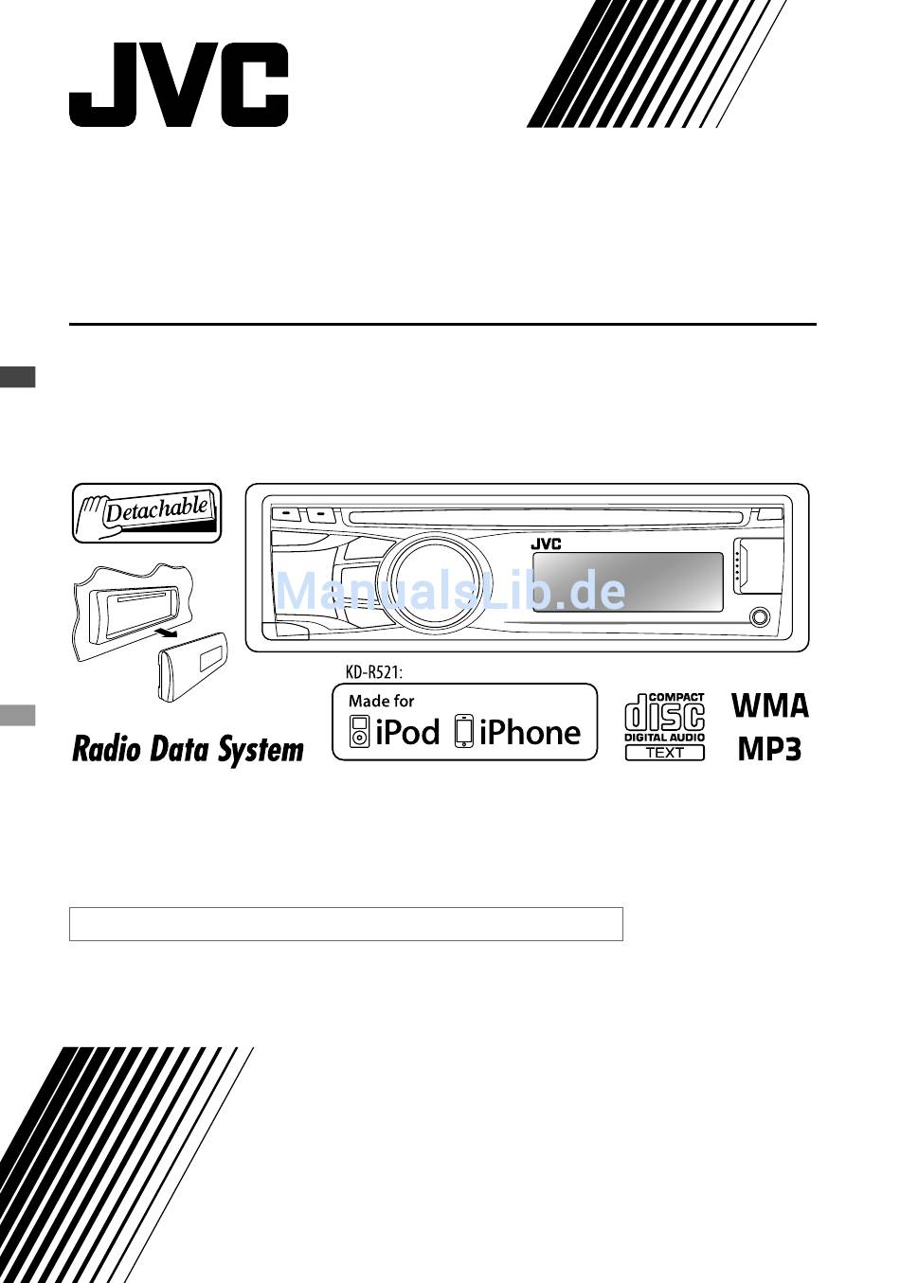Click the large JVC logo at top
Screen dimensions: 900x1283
pos(178,84)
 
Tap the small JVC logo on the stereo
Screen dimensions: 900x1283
pos(546,544)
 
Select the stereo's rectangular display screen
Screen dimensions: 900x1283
pos(628,582)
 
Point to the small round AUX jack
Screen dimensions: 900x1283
pos(760,616)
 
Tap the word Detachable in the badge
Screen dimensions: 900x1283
pos(156,509)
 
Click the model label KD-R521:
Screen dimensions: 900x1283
pos(374,672)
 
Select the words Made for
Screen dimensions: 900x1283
pos(381,701)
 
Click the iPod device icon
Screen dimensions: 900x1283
pos(359,731)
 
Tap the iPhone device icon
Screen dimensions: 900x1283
pos(464,731)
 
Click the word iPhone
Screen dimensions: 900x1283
pos(530,732)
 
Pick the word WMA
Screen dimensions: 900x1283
pos(770,705)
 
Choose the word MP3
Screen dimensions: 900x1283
pos(770,749)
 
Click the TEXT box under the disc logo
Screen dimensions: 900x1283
pos(664,753)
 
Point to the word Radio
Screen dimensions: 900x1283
pos(106,749)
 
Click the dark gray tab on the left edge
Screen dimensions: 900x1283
pos(18,377)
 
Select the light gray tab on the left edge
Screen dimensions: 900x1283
pos(18,716)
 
